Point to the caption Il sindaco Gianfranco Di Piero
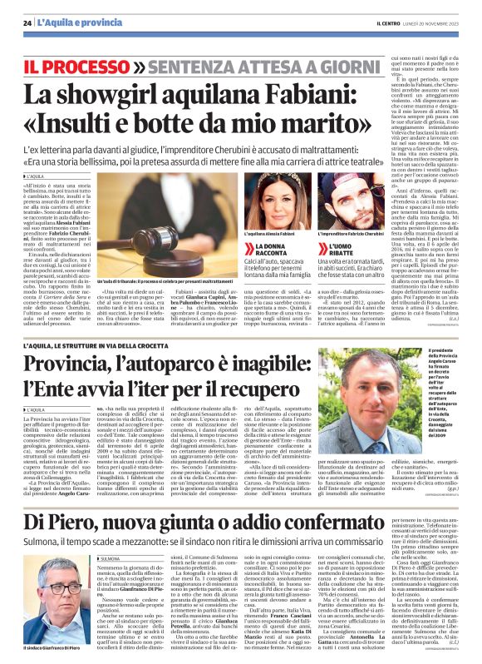coord(48,646)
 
